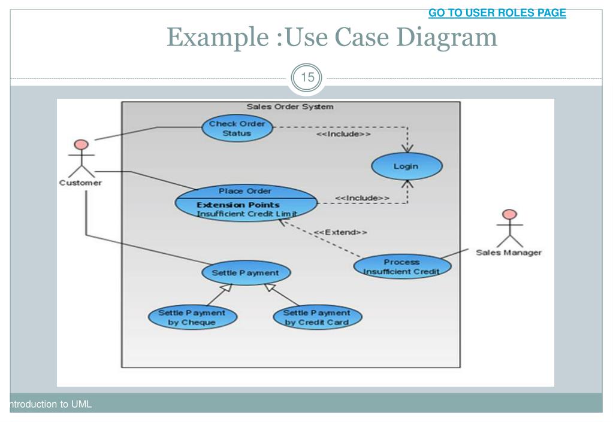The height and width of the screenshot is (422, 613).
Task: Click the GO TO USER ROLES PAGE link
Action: (497, 13)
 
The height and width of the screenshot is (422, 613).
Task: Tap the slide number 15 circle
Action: (307, 77)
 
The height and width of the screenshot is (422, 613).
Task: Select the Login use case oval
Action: (407, 166)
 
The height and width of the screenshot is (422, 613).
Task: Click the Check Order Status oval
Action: (237, 128)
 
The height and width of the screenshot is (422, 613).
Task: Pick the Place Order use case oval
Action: (246, 203)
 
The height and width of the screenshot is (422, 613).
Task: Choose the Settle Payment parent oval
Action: (246, 272)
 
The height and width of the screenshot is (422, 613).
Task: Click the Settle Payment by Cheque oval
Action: (192, 317)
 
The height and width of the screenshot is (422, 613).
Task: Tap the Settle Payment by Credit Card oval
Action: (317, 317)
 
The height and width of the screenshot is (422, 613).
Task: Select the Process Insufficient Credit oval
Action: (402, 266)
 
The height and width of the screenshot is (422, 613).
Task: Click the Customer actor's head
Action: (81, 144)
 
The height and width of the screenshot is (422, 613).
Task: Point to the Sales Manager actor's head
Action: (510, 214)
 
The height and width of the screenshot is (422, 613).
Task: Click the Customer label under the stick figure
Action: (80, 183)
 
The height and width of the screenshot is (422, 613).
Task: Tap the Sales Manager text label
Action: (509, 253)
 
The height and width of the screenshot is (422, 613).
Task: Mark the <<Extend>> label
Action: (340, 232)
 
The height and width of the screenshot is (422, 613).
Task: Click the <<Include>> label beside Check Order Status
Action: (343, 134)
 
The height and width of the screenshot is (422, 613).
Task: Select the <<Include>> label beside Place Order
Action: (362, 198)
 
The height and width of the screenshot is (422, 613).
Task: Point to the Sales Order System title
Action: (289, 107)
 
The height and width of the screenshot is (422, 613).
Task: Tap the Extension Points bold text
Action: (238, 205)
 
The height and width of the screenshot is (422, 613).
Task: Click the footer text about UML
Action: (50, 404)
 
